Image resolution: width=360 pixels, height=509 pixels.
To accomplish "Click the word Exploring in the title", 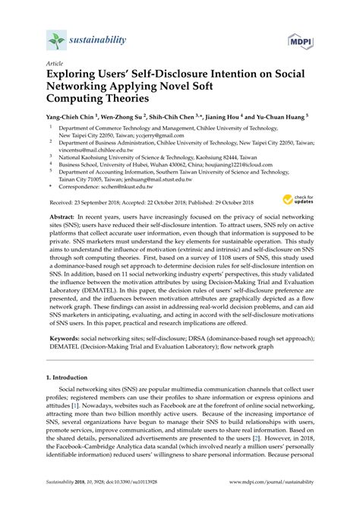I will pyautogui.click(x=78, y=77).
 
